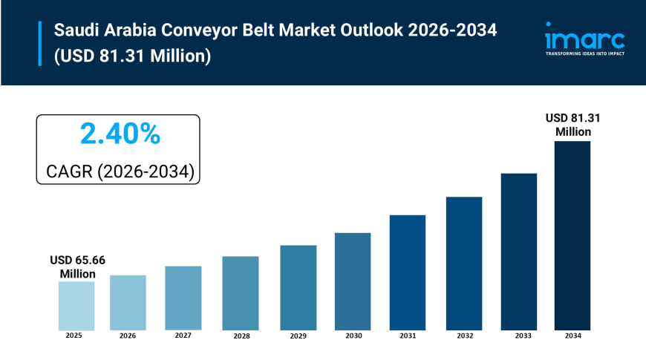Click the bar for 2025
click(76, 306)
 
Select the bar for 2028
click(241, 293)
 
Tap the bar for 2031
click(408, 272)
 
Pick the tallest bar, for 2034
click(572, 235)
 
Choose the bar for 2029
click(298, 287)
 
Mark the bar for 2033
click(518, 252)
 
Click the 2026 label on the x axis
click(128, 336)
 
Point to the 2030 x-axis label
click(353, 336)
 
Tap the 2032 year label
click(464, 336)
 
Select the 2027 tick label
click(183, 336)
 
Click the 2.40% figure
click(120, 134)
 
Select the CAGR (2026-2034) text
click(120, 171)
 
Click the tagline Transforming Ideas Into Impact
click(584, 54)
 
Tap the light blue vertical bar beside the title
click(39, 44)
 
